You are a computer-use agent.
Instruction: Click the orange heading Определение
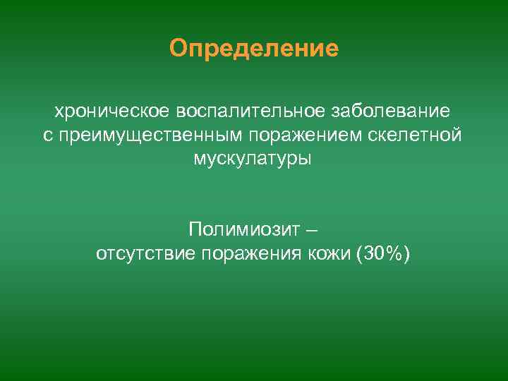254,49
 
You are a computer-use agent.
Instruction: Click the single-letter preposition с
48,135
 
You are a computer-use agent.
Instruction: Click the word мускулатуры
253,158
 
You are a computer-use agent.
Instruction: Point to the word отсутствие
146,253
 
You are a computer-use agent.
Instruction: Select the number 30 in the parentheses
373,253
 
